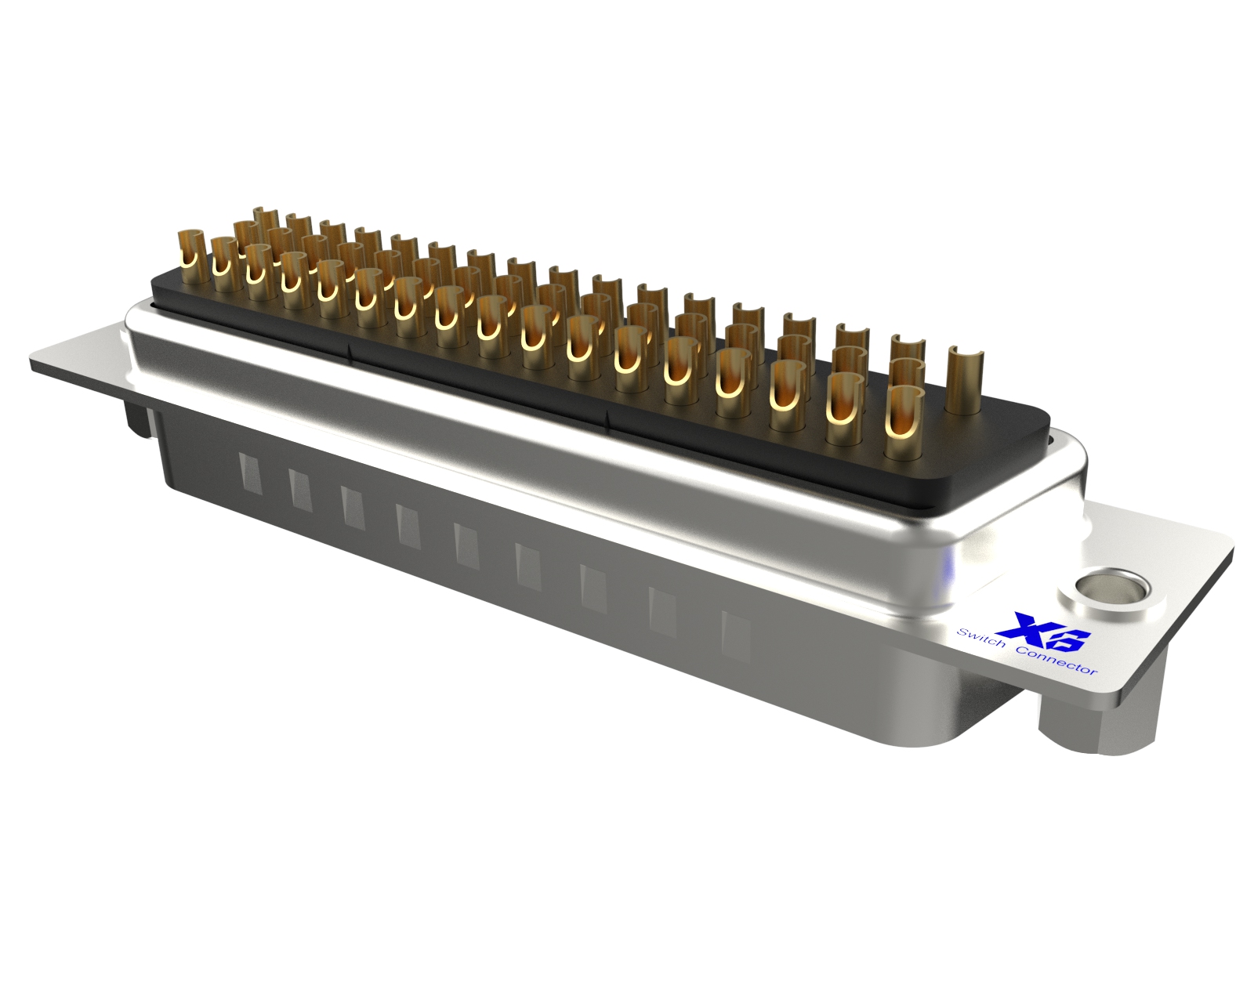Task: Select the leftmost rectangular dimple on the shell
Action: point(248,475)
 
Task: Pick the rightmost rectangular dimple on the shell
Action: point(734,635)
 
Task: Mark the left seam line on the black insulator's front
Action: point(350,349)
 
